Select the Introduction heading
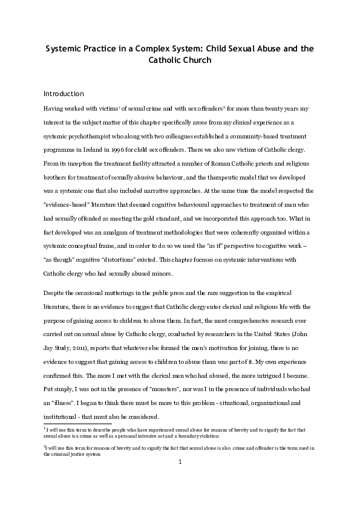pyautogui.click(x=64, y=94)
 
